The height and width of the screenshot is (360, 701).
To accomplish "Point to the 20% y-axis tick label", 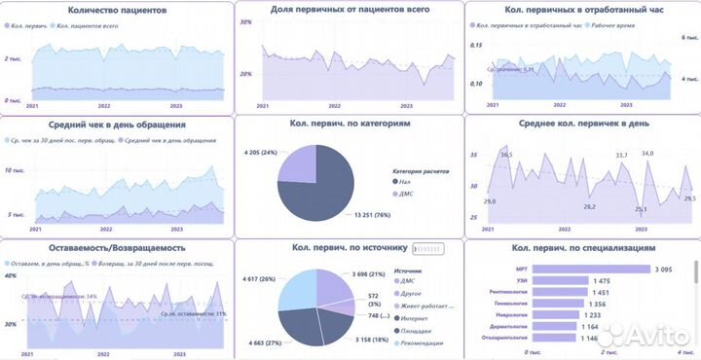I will tap(246, 74).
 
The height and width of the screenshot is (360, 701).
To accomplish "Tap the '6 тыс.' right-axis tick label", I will tap(688, 36).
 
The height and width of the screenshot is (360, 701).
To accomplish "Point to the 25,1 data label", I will tap(641, 208).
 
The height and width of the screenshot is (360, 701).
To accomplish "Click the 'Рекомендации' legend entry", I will tap(423, 342).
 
